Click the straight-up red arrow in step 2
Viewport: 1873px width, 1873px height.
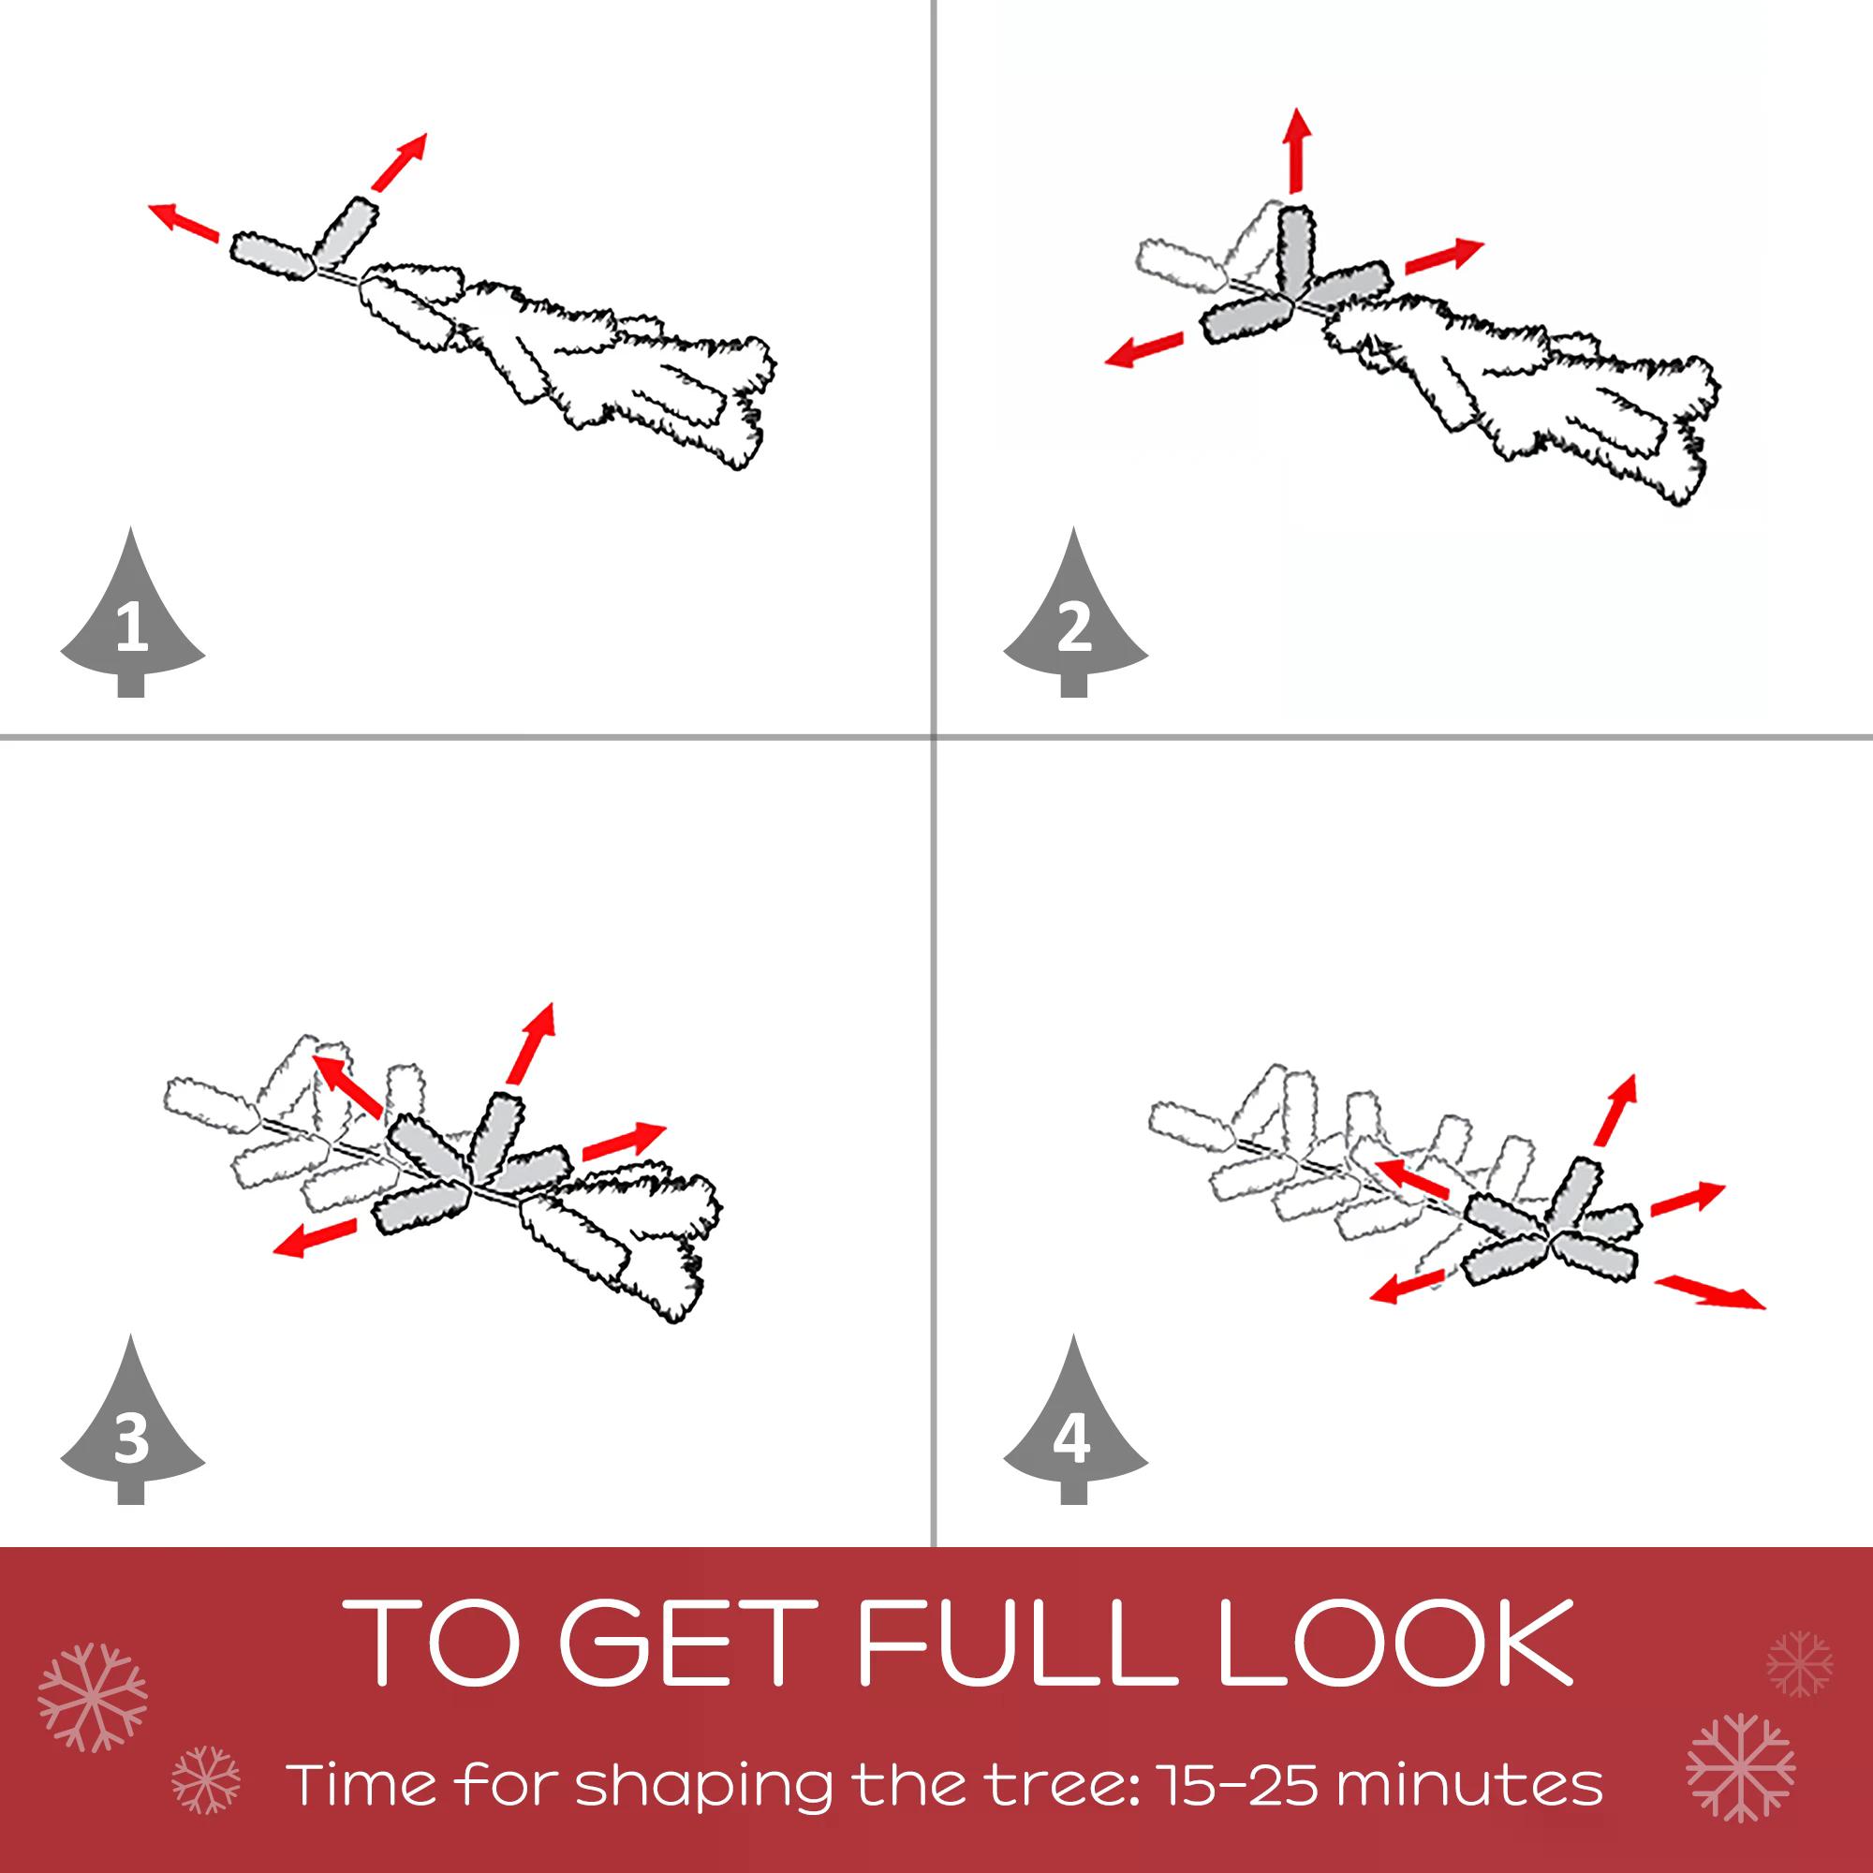point(1296,151)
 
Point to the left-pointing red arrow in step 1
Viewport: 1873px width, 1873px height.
point(184,222)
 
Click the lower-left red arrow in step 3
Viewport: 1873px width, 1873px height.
point(315,1238)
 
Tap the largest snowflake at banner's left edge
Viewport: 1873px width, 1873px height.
point(93,1699)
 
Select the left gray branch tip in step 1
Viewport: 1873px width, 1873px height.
point(272,255)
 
